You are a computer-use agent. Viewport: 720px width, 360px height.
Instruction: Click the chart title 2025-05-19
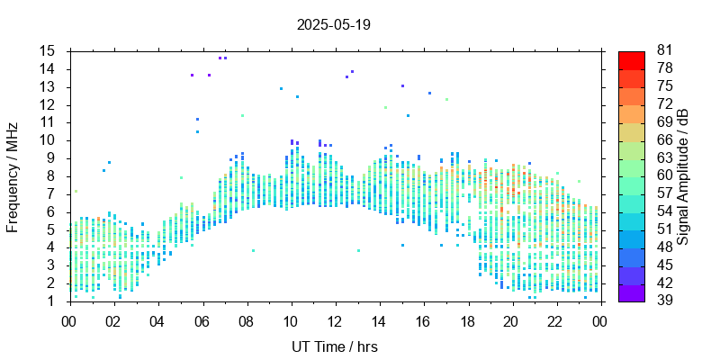tap(333, 24)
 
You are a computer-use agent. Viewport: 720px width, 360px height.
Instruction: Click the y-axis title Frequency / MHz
tap(13, 175)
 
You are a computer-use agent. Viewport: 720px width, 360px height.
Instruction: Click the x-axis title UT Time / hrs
tap(335, 346)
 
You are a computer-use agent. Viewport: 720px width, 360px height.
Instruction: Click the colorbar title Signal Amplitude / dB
tap(683, 176)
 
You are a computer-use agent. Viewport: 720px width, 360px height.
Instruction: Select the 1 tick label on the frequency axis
tap(52, 301)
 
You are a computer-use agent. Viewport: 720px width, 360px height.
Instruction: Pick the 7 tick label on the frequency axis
tap(52, 193)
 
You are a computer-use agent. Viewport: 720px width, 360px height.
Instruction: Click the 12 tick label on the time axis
tap(335, 320)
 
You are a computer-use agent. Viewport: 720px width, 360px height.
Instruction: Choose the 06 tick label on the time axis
tap(202, 320)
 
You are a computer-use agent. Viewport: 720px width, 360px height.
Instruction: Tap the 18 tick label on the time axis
tap(467, 320)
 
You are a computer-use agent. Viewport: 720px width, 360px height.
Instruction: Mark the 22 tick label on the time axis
tap(555, 320)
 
